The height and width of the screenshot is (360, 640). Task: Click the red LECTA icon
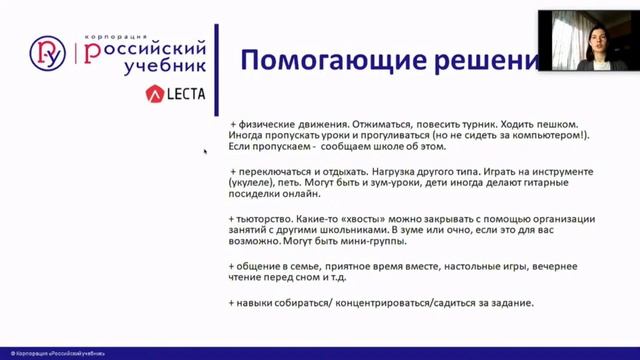154,94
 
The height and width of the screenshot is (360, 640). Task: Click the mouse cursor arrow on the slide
205,151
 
